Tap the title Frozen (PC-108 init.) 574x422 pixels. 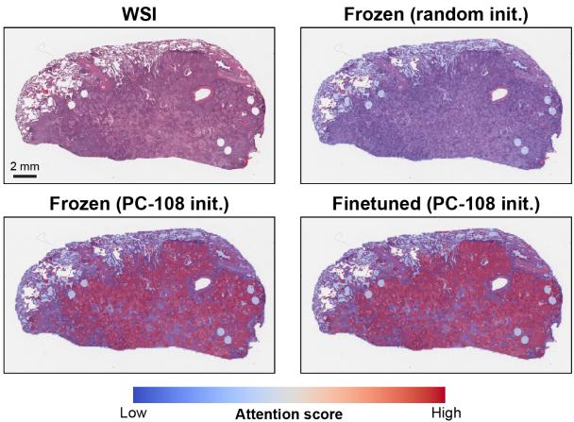point(138,203)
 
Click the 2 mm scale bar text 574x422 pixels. point(24,165)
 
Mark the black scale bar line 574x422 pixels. point(24,176)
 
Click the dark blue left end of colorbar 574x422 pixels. point(139,394)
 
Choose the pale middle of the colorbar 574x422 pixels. point(289,394)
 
